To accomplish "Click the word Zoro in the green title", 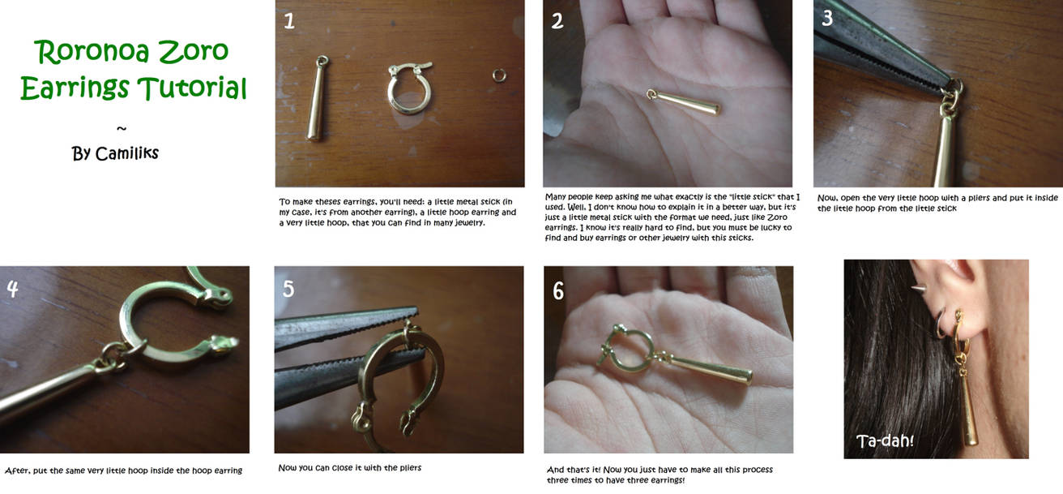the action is pyautogui.click(x=193, y=51).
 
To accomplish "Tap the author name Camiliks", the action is pyautogui.click(x=126, y=153).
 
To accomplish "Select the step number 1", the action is pyautogui.click(x=289, y=21).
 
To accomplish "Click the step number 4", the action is pyautogui.click(x=12, y=288).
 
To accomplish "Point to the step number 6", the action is pyautogui.click(x=558, y=290).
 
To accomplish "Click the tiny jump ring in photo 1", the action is pyautogui.click(x=499, y=75).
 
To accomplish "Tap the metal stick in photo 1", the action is pyautogui.click(x=317, y=98).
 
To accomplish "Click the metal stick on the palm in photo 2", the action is pyautogui.click(x=683, y=101).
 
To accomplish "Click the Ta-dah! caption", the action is pyautogui.click(x=885, y=440).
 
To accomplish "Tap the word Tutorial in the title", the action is pyautogui.click(x=192, y=88).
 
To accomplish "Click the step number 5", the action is pyautogui.click(x=288, y=288).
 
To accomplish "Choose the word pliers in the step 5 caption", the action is pyautogui.click(x=410, y=468).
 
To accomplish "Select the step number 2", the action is pyautogui.click(x=557, y=21).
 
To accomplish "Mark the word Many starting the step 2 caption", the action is pyautogui.click(x=555, y=196).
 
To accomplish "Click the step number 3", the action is pyautogui.click(x=827, y=18).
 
